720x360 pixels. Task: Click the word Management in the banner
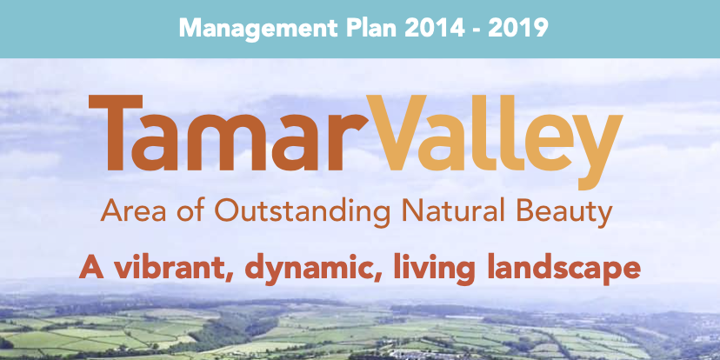[x=257, y=29]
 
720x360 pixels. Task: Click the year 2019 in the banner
[x=518, y=28]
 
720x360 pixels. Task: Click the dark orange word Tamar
[x=229, y=133]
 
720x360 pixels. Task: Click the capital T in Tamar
[x=116, y=132]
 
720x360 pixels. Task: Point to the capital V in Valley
[x=398, y=132]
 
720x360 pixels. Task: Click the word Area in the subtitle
[x=129, y=211]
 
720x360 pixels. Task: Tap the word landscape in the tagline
[x=563, y=269]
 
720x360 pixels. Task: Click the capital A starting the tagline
[x=93, y=267]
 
